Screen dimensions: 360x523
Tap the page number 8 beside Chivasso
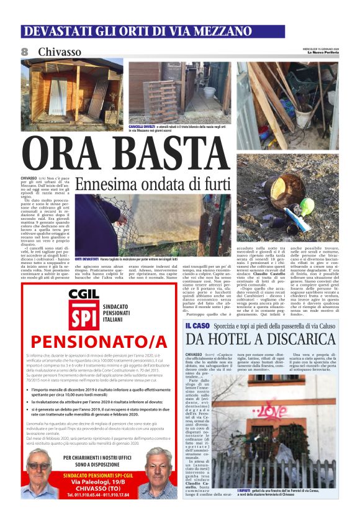point(25,52)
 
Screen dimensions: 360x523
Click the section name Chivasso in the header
point(60,52)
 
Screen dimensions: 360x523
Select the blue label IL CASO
point(197,325)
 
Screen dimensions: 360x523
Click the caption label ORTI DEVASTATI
point(86,258)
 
